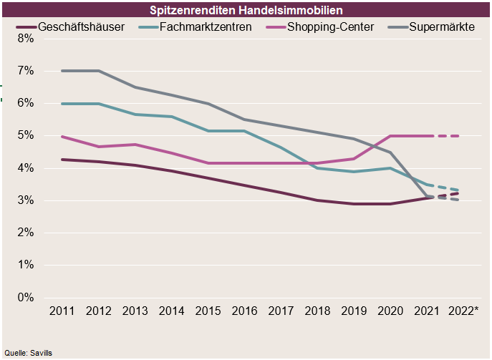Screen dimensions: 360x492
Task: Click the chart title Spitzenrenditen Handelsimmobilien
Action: pos(246,11)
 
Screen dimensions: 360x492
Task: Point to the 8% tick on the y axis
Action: pos(25,39)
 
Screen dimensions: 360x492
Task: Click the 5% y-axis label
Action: pos(25,135)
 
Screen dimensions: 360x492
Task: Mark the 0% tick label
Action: pos(25,297)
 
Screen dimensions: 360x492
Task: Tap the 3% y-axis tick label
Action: pos(25,200)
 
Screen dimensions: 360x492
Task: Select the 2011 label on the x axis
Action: pos(62,311)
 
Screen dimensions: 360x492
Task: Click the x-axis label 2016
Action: pos(244,311)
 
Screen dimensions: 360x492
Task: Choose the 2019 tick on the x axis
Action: pos(354,311)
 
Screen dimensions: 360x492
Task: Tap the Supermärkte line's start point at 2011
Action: pos(62,71)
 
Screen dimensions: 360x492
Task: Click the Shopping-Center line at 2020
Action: pos(390,135)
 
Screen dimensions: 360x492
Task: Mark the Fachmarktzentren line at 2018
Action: pos(317,168)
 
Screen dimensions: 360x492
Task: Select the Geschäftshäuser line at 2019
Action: pos(354,204)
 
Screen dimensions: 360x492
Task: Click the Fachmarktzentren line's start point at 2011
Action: pos(62,104)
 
